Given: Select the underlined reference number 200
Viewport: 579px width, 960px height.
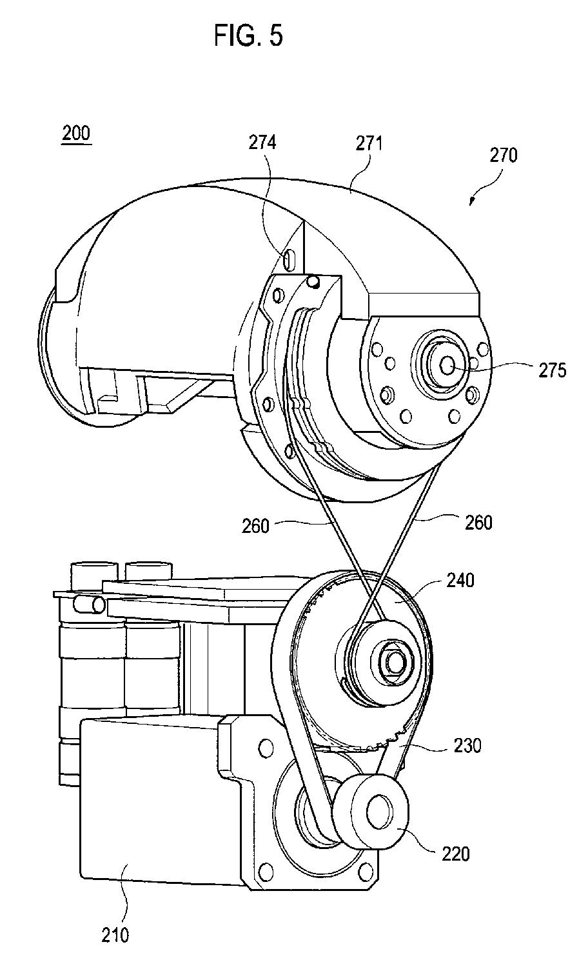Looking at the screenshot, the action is [x=76, y=133].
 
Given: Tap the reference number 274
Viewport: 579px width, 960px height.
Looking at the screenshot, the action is [x=262, y=143].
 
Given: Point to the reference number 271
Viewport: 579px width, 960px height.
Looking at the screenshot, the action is [x=369, y=144].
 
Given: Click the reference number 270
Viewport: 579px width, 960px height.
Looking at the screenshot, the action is [x=503, y=155].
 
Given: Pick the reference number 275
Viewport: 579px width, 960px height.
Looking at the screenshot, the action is [x=552, y=370].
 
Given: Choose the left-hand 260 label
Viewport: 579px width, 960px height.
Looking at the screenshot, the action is [x=255, y=526].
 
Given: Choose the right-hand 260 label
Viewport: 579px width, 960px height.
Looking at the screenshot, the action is [x=478, y=523].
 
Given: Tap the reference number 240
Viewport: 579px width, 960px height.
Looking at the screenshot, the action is [x=460, y=580].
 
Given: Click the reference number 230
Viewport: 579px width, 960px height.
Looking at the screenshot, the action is [x=467, y=746].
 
